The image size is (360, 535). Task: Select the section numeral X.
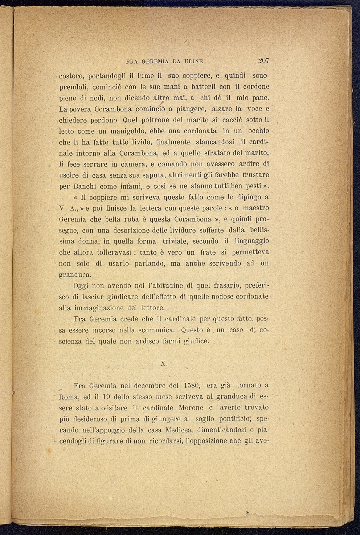point(163,363)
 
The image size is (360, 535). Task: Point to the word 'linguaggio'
point(251,242)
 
